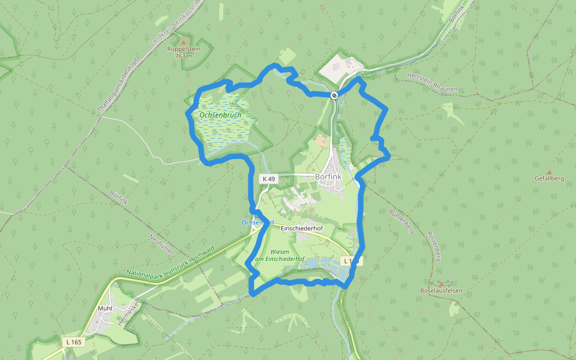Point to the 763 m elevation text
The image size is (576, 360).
183,56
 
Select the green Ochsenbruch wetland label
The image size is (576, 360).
221,115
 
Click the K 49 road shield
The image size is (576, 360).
268,179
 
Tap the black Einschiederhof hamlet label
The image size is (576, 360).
302,229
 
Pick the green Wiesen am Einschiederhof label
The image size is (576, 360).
279,255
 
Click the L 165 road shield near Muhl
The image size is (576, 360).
74,342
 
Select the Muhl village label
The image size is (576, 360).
105,308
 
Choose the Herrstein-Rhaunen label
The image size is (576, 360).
432,83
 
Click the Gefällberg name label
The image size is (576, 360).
549,178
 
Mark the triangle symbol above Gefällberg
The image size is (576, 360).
549,172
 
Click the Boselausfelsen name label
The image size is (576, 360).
442,290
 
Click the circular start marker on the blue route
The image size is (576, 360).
334,95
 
